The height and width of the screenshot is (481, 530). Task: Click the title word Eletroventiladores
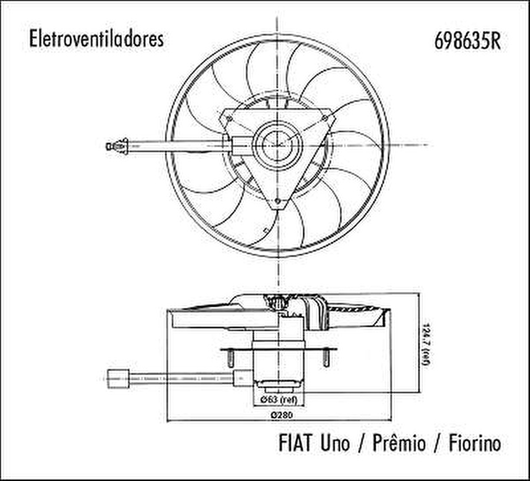tap(96, 39)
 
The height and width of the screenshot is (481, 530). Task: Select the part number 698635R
tap(468, 40)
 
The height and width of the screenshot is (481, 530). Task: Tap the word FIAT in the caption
tap(297, 443)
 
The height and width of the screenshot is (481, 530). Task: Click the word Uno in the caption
tap(335, 443)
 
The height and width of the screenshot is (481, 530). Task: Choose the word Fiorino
tap(474, 443)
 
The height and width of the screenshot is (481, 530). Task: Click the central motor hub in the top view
tap(277, 145)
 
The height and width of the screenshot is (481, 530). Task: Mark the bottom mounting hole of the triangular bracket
tap(278, 202)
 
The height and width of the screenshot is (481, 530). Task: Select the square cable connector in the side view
tap(118, 377)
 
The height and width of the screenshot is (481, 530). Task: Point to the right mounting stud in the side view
tap(326, 357)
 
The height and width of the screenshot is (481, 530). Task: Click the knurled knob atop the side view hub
tap(277, 304)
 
